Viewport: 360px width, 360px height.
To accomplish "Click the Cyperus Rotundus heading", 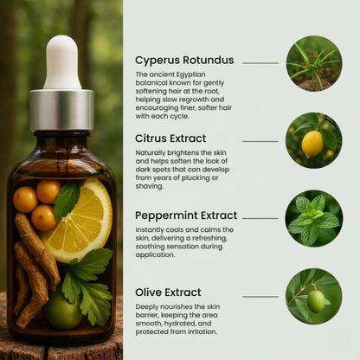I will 183,61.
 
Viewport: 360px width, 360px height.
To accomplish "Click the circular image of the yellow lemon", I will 313,140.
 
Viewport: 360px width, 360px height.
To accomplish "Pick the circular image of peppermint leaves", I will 313,218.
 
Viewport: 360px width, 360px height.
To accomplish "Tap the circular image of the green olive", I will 313,296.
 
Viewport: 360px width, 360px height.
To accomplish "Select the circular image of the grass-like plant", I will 313,63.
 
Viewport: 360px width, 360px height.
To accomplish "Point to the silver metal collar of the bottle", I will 61,109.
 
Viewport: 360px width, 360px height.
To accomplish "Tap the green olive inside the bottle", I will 62,312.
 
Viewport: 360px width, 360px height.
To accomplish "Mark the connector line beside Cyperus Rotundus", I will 260,62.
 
